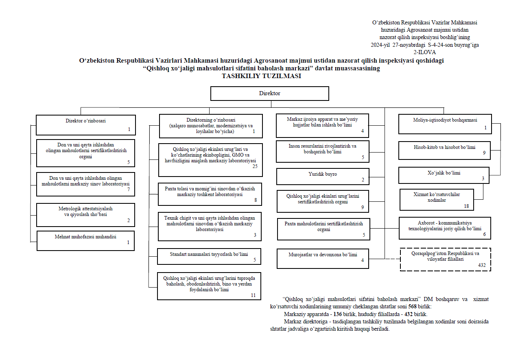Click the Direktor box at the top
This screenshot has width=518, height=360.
click(x=269, y=93)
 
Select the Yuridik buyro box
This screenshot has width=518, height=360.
click(x=323, y=177)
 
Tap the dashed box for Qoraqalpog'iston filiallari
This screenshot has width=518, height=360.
click(x=445, y=259)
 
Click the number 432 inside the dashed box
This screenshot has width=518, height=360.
click(x=482, y=265)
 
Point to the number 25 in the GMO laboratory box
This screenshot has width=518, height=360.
click(x=255, y=166)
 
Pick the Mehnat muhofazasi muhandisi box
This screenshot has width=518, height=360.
click(x=85, y=240)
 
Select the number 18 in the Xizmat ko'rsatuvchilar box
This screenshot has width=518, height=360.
click(x=466, y=206)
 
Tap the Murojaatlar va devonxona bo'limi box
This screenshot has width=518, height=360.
click(x=323, y=258)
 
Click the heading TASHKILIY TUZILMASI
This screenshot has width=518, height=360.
click(x=261, y=76)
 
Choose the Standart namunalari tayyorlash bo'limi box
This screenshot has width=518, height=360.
click(x=209, y=256)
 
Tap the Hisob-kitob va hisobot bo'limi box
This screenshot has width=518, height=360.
click(x=444, y=150)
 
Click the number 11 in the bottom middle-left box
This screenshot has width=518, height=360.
click(x=253, y=295)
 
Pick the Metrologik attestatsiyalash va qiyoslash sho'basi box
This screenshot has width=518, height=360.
click(x=85, y=215)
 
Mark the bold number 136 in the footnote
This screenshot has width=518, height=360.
click(x=337, y=314)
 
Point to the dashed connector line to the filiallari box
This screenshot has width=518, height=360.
click(x=392, y=259)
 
